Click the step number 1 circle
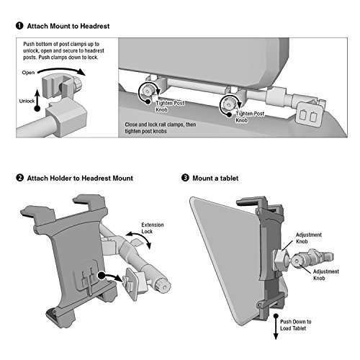[19, 26]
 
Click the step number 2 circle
[19, 178]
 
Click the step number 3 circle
[185, 178]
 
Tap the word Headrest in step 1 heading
[95, 26]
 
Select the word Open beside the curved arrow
[28, 73]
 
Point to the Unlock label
[27, 101]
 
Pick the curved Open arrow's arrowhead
[81, 71]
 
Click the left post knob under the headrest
[146, 91]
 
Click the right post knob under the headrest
[228, 104]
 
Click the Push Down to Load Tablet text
[296, 325]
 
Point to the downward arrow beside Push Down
[276, 327]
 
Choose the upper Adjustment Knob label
[309, 238]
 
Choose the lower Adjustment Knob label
[326, 275]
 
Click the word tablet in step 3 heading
[229, 178]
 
